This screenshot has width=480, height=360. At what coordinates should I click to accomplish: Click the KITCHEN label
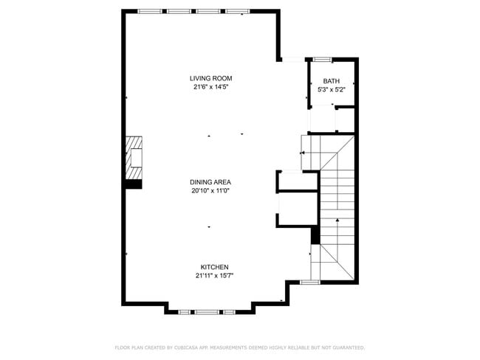point(214,267)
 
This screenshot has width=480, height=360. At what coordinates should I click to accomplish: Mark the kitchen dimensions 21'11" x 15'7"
point(214,276)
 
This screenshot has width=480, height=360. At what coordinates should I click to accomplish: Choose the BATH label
point(331,81)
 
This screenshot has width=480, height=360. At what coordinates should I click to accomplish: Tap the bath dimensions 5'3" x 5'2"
point(331,89)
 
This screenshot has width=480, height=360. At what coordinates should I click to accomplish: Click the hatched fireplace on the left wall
point(133,157)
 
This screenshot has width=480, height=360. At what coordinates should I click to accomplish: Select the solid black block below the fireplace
point(133,184)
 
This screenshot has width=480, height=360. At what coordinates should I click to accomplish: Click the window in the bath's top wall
point(321,59)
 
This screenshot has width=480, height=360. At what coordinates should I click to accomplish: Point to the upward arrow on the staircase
point(337,220)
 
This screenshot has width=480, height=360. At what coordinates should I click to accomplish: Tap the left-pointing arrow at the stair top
point(302,153)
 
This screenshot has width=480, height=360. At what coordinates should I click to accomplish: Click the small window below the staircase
point(309,282)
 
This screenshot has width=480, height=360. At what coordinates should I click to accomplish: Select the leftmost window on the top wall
point(150,11)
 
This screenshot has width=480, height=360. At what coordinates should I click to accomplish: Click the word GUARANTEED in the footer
point(346,347)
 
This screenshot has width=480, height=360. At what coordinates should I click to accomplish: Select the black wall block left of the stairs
point(315,235)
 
